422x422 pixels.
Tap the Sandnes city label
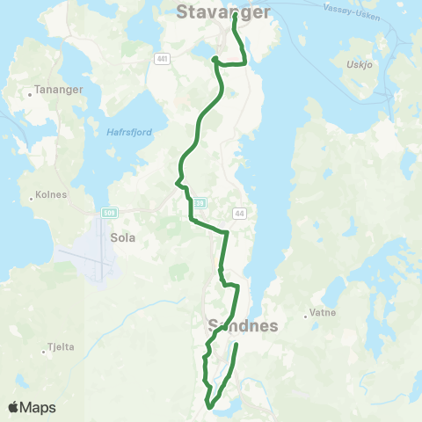(x=244, y=326)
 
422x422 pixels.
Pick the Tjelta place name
(x=61, y=346)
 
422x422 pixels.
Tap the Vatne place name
(x=320, y=313)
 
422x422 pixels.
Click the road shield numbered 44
(x=239, y=214)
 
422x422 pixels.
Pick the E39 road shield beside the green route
(x=200, y=203)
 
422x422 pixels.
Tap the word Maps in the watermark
(x=39, y=408)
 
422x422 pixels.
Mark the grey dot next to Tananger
(x=30, y=91)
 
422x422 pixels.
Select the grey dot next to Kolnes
(x=32, y=197)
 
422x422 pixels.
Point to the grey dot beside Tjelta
(x=43, y=353)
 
